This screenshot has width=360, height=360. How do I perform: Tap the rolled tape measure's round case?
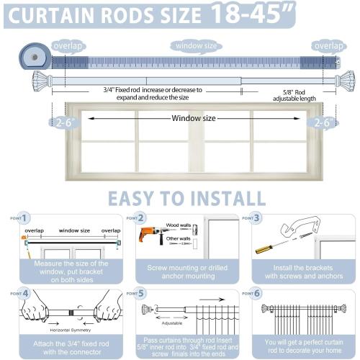tap(31, 56)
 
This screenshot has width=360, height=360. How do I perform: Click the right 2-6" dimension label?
tap(321, 123)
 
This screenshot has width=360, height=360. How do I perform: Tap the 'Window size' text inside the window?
tap(194, 118)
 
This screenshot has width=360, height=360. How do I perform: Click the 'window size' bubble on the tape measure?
tap(195, 45)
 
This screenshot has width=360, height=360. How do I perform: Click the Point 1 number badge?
tap(24, 217)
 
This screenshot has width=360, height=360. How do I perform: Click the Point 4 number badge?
tap(24, 293)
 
